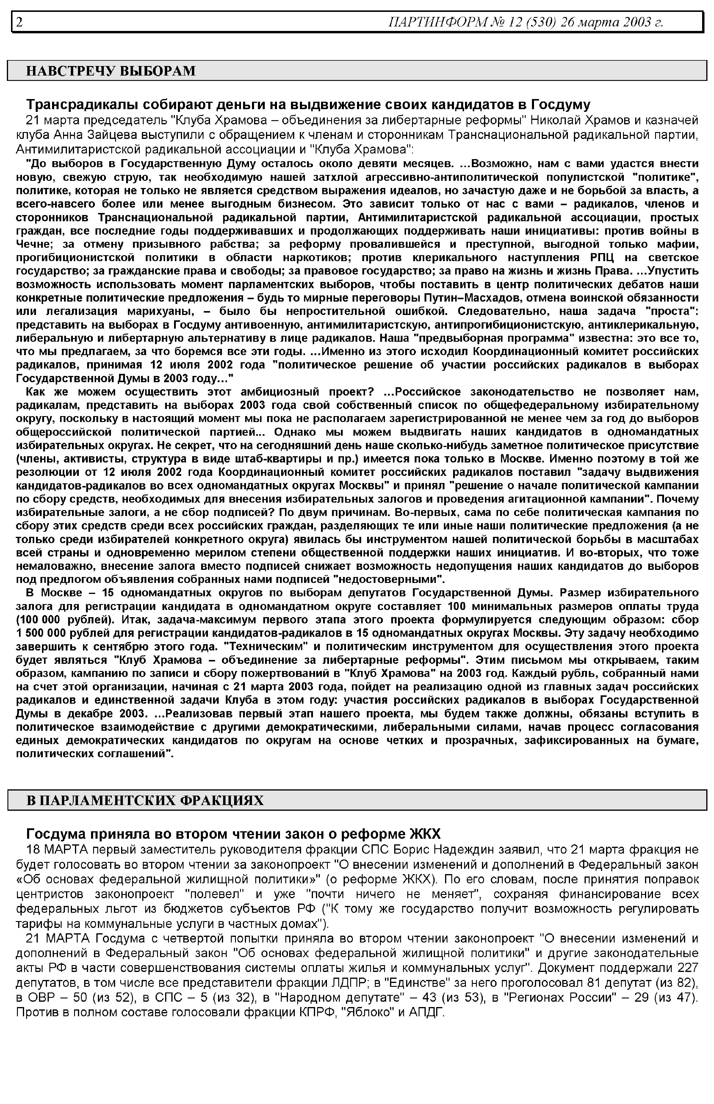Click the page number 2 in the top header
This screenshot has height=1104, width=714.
[19, 22]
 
